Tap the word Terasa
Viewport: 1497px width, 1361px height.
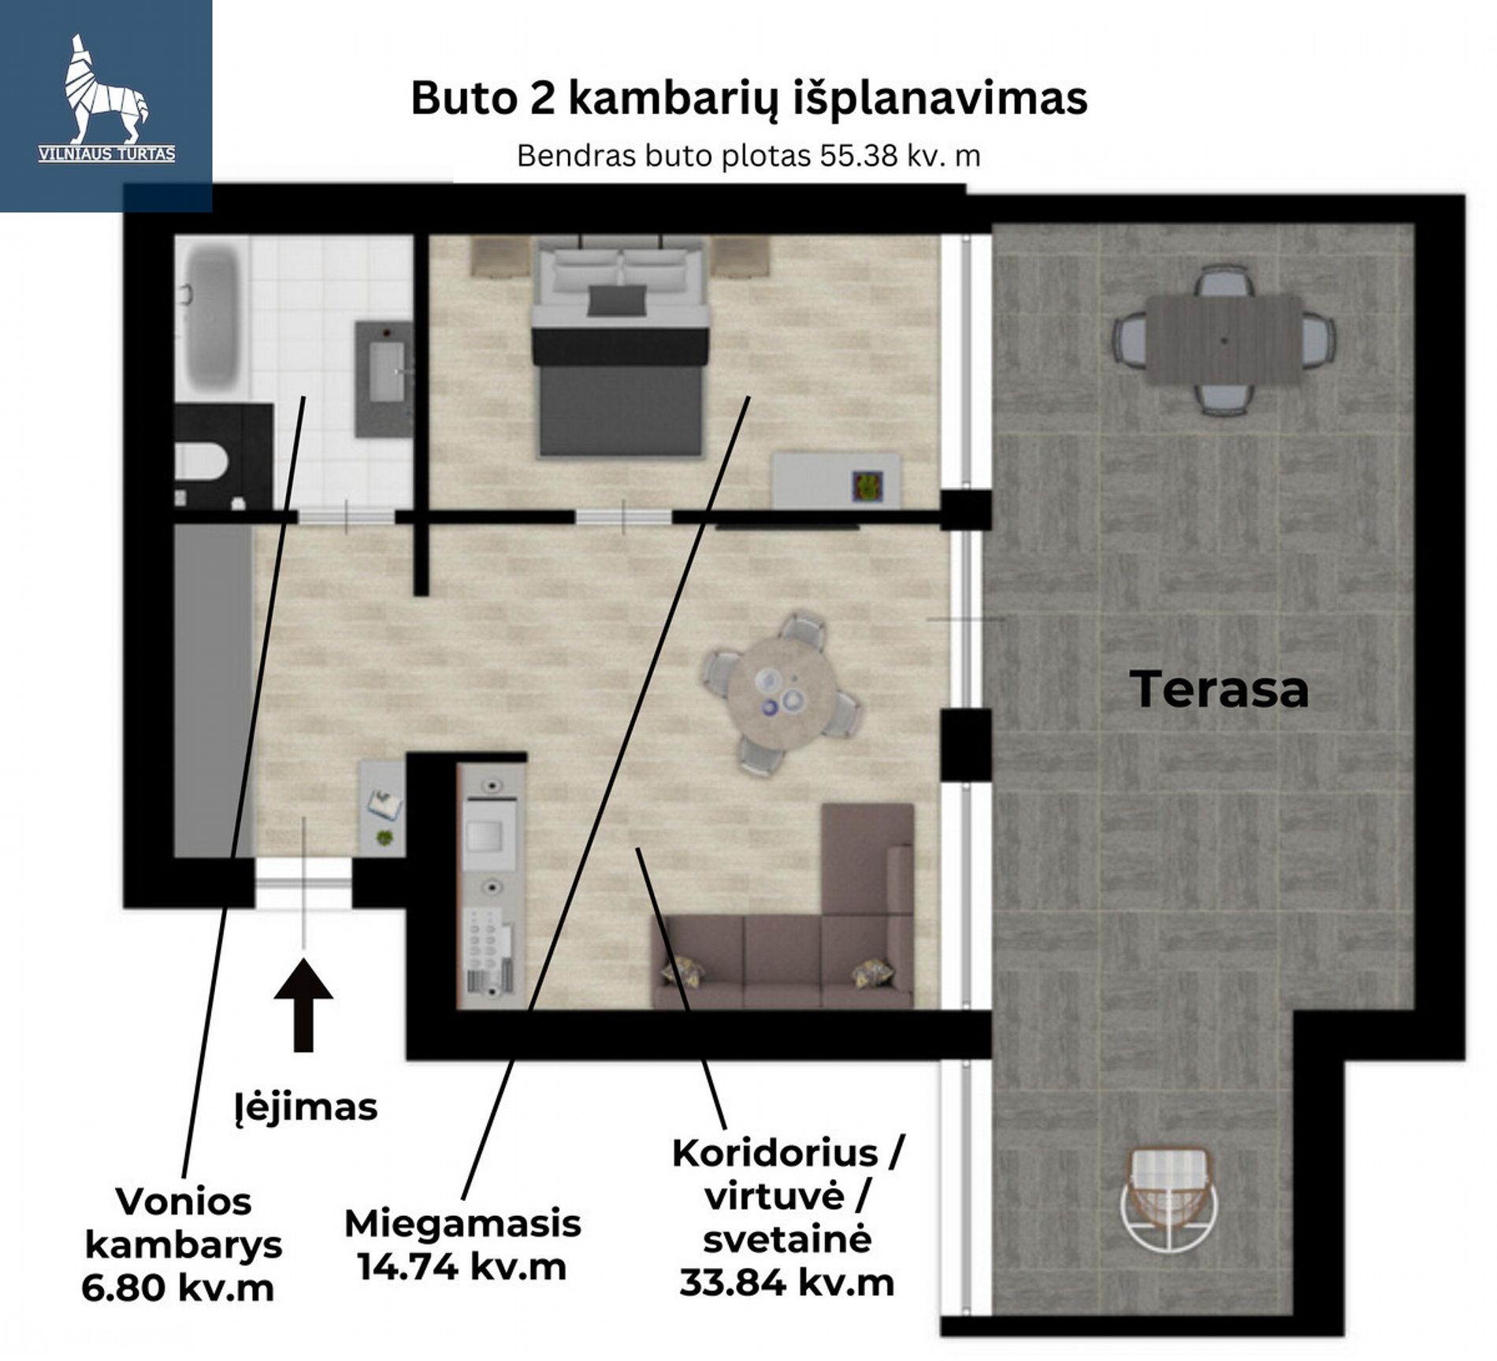(x=1219, y=689)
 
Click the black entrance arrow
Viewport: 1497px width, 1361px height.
(x=303, y=1004)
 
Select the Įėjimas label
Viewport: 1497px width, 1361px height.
(x=306, y=1106)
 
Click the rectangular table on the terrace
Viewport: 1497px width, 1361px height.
(x=1223, y=340)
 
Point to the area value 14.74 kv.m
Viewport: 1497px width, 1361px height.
(x=462, y=1268)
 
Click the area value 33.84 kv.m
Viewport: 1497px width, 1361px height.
(x=786, y=1282)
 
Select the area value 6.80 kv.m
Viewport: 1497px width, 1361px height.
(x=178, y=1288)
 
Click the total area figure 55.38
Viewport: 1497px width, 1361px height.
(x=859, y=156)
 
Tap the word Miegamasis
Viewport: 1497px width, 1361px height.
(x=462, y=1224)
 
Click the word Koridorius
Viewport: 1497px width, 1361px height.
(x=775, y=1154)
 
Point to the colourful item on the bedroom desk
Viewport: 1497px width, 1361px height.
(x=867, y=486)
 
